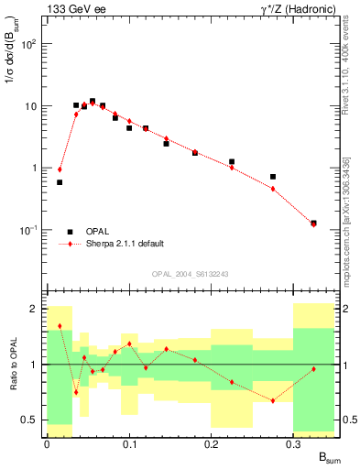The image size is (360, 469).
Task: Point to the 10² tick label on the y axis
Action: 28,44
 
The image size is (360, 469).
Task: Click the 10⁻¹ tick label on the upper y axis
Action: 28,230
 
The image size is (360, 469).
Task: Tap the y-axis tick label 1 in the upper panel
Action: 34,168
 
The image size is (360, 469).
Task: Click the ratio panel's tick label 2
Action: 34,309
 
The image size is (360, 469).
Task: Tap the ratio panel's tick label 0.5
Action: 29,420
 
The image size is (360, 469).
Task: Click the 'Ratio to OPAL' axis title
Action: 12,365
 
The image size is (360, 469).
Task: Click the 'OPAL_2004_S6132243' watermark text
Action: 190,273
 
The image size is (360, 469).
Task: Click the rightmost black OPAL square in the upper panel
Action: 313,223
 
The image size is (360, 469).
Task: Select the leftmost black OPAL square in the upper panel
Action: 60,182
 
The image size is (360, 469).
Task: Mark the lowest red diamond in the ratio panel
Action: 273,400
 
